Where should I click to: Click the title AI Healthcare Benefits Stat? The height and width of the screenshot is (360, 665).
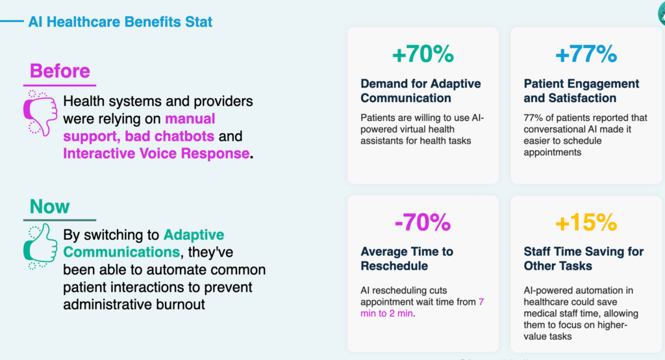coord(120,22)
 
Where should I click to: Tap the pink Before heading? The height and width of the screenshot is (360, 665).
coord(60,70)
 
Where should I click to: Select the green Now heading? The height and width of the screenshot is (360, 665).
coord(50,207)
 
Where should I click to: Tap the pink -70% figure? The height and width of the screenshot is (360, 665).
coord(423,223)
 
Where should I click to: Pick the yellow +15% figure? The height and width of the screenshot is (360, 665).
coord(586,223)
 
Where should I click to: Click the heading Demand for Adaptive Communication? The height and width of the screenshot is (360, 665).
coord(421,91)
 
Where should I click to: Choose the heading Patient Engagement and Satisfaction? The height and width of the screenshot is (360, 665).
coord(581,91)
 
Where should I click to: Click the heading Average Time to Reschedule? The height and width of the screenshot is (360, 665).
coord(407,259)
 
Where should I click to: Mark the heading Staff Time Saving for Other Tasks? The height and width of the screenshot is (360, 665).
coord(583,259)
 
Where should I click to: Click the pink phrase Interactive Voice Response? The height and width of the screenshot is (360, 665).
coord(156,153)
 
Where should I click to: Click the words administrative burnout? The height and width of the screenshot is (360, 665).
coord(134,303)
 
